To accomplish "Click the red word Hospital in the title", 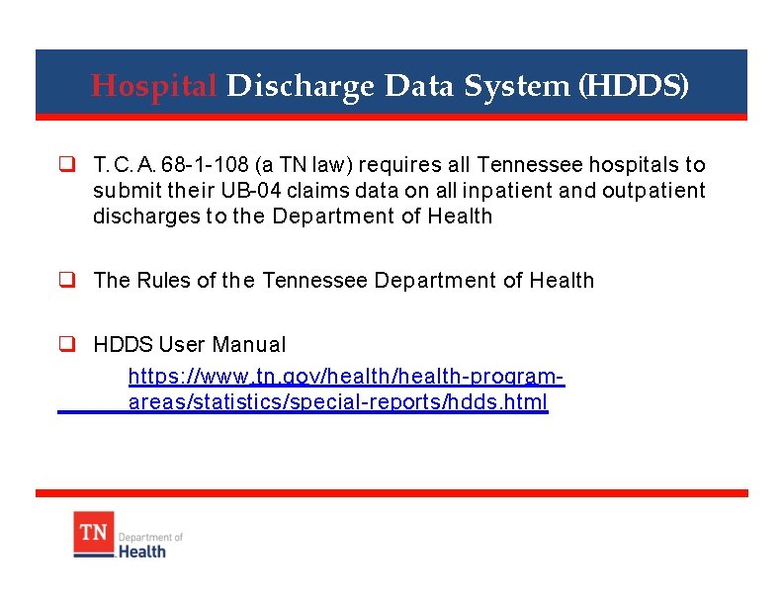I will pyautogui.click(x=153, y=86).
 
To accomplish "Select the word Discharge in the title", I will pyautogui.click(x=301, y=86).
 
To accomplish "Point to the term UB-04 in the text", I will pyautogui.click(x=259, y=190).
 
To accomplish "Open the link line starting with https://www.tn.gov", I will pyautogui.click(x=347, y=377).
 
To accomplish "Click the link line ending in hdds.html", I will pyautogui.click(x=337, y=402).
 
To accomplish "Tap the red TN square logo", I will pyautogui.click(x=94, y=534).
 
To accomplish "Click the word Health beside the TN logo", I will pyautogui.click(x=142, y=551).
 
